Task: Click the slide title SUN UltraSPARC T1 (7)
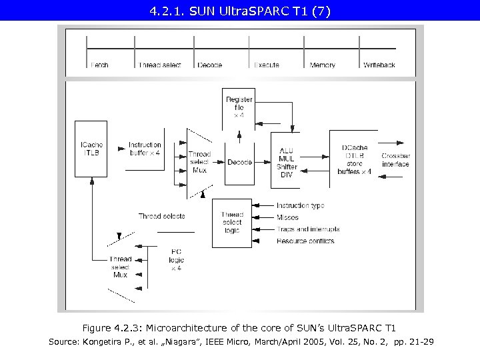pos(239,11)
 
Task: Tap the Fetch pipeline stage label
pos(99,65)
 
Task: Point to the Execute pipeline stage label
pos(266,65)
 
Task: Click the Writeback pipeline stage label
pos(379,65)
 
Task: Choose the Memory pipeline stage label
pos(323,65)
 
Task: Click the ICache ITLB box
pos(91,149)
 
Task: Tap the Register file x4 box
pos(239,107)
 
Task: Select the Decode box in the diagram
pos(239,162)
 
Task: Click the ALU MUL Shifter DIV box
pos(287,163)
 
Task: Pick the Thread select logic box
pos(232,223)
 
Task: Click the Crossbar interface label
pos(395,160)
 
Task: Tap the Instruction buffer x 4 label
pos(145,149)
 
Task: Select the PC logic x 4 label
pos(176,260)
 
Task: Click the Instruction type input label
pos(300,206)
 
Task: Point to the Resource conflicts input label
pos(305,241)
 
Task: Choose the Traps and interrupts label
pos(307,229)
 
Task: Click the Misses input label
pos(287,217)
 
